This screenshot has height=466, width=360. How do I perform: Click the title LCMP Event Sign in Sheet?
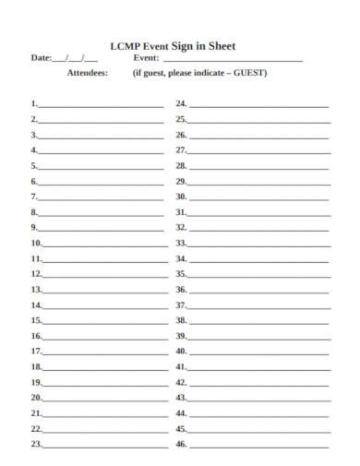tap(173, 44)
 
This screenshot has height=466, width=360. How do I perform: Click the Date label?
tap(42, 57)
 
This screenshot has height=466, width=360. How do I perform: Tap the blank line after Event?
tap(233, 60)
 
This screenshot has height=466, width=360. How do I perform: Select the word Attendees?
tap(87, 72)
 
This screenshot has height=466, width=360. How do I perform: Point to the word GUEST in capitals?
tap(250, 72)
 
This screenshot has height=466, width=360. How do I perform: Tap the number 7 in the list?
tap(35, 197)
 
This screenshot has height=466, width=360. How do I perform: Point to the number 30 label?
tap(182, 197)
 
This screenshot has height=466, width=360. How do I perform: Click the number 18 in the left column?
tap(37, 366)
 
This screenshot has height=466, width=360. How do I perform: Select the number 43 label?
tap(182, 398)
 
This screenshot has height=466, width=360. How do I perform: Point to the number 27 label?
tap(182, 149)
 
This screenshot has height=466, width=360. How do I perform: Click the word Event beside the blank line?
tap(146, 57)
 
